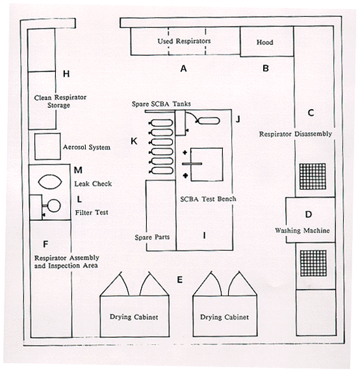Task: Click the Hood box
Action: (x=266, y=42)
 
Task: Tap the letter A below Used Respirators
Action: (x=183, y=68)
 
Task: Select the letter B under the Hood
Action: (x=266, y=68)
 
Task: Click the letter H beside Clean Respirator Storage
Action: (x=66, y=73)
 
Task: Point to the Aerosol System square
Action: (x=47, y=146)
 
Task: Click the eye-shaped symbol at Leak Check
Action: (x=50, y=182)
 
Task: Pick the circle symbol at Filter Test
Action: (x=54, y=205)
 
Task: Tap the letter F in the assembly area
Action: (x=45, y=244)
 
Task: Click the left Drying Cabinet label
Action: (x=134, y=317)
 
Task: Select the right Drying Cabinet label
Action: (x=224, y=317)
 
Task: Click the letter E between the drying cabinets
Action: (x=180, y=279)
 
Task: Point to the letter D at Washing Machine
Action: (x=309, y=214)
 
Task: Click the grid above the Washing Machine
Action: (x=313, y=176)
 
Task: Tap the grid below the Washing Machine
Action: (x=313, y=263)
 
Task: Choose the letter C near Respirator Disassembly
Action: (x=311, y=112)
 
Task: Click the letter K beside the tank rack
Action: (x=134, y=141)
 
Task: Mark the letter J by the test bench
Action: (x=238, y=119)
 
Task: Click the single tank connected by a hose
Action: (x=207, y=121)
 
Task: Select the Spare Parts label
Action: (x=152, y=237)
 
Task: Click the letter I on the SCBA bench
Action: (x=204, y=235)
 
